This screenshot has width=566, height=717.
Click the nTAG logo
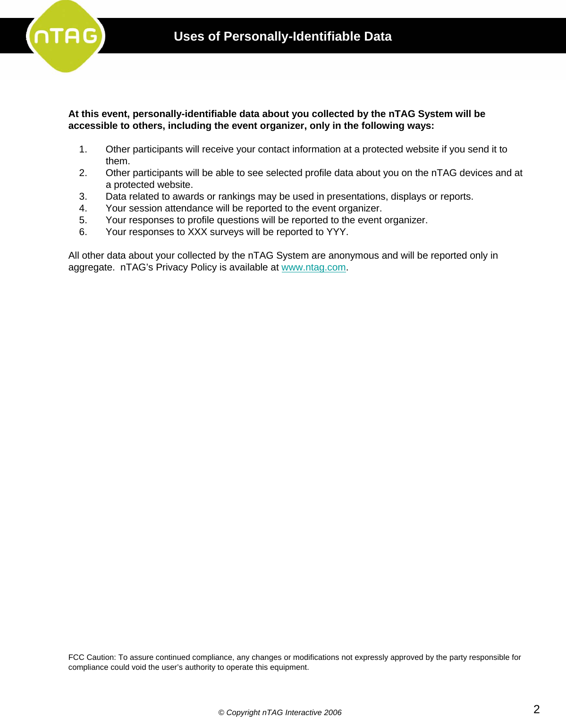[66, 36]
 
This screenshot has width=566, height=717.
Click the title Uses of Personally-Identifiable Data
[282, 36]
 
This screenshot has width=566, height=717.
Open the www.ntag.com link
[313, 267]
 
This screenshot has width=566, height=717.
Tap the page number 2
[536, 709]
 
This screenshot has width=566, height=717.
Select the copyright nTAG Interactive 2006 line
[279, 712]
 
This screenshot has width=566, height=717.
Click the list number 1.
[83, 149]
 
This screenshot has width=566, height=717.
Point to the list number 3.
[83, 196]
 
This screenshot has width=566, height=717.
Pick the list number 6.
[83, 232]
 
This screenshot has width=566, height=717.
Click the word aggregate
[90, 268]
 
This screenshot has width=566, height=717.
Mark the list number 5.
[83, 220]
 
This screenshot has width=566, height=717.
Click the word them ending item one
[117, 161]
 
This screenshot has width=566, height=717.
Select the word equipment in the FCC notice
[289, 667]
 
